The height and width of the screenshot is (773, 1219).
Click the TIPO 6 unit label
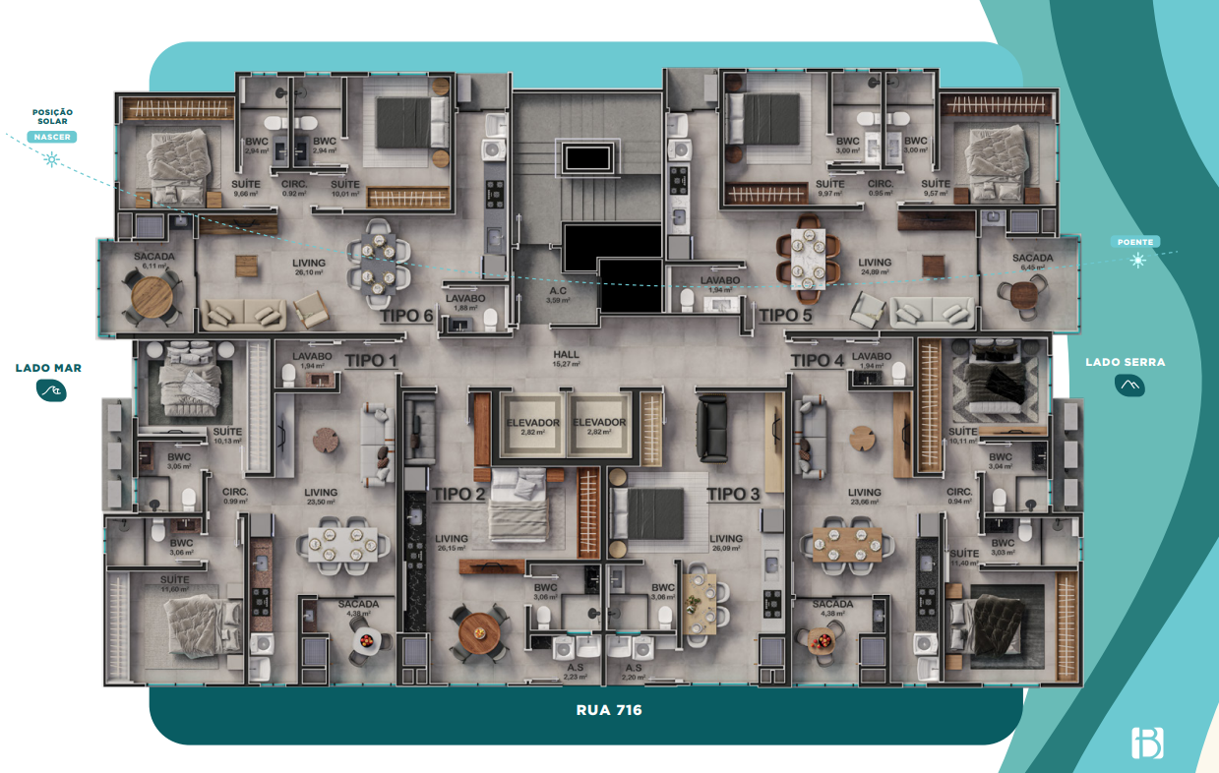click(x=406, y=316)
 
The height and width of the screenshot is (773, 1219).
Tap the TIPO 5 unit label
click(x=784, y=315)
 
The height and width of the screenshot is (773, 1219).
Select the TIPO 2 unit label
click(x=459, y=494)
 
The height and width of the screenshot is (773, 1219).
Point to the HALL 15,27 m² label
click(x=567, y=358)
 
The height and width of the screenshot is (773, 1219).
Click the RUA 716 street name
click(x=609, y=709)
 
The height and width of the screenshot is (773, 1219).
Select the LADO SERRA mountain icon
click(x=1129, y=386)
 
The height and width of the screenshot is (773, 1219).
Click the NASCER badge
click(x=52, y=137)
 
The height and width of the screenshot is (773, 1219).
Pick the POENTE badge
click(x=1137, y=241)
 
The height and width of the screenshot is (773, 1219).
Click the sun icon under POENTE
click(x=1138, y=261)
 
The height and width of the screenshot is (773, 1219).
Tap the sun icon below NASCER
click(x=52, y=158)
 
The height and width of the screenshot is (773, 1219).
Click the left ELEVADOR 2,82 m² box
click(x=533, y=426)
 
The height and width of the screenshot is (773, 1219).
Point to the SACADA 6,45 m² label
click(x=1032, y=263)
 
